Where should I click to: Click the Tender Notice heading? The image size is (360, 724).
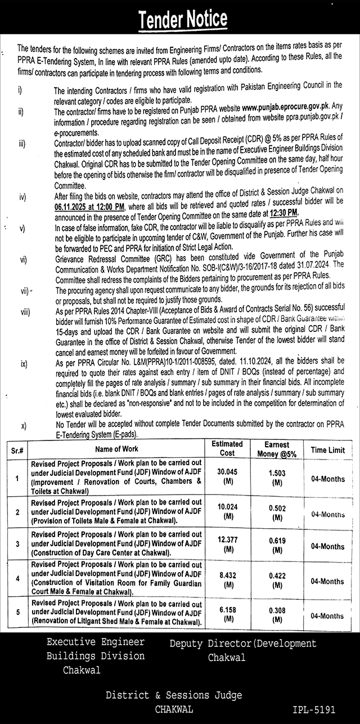[x=183, y=20]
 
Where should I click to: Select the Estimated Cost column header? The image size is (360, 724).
[x=227, y=448]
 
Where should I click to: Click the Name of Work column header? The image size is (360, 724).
[x=116, y=449]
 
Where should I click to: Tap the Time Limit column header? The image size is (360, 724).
[x=328, y=450]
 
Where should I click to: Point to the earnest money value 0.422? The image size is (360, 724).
[x=276, y=575]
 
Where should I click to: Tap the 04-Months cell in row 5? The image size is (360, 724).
[x=328, y=616]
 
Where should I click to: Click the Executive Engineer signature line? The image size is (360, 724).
[x=96, y=642]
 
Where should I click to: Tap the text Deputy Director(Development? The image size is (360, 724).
[x=243, y=644]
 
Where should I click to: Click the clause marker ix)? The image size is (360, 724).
[x=24, y=364]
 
